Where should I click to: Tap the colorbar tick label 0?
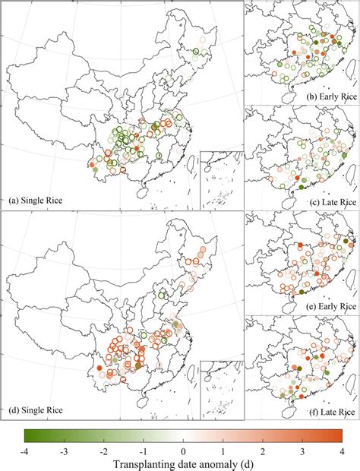tap(182, 448)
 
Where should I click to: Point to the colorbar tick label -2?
tap(103, 448)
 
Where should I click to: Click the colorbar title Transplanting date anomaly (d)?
tap(182, 461)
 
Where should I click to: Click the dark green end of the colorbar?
tap(28, 435)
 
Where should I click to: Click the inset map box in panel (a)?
tap(221, 179)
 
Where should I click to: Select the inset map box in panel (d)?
tap(221, 389)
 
